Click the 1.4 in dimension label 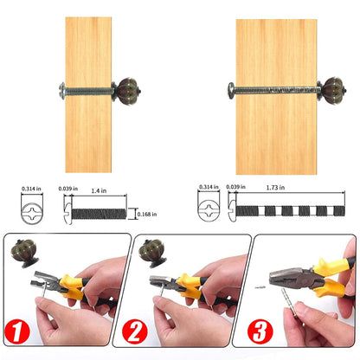point(99,190)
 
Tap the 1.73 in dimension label point(275,188)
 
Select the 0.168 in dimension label point(147,214)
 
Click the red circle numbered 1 point(17,331)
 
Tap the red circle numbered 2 point(134,331)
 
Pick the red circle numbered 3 point(260,331)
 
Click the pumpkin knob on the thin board point(127,91)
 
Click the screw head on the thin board point(62,91)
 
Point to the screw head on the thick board point(231,91)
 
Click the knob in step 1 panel point(25,254)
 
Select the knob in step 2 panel point(152,253)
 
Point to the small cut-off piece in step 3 point(260,286)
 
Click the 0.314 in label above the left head point(31,189)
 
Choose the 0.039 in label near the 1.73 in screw point(236,187)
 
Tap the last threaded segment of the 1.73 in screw point(339,211)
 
